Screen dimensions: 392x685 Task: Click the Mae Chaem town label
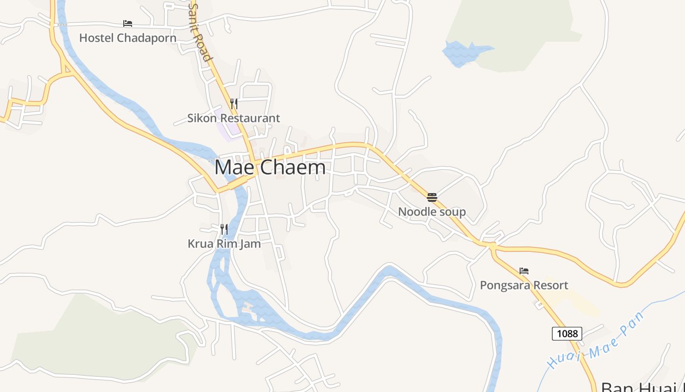pos(270,167)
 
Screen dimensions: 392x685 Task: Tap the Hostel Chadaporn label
pos(128,38)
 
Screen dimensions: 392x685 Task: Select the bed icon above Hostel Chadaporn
pos(128,23)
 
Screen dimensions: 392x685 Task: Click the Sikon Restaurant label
pos(233,118)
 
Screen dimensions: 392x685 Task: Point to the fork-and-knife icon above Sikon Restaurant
pos(234,103)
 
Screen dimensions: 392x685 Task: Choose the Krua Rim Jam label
pos(224,244)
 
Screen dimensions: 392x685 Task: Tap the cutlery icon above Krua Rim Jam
pos(224,229)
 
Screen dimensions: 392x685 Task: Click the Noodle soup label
pos(432,212)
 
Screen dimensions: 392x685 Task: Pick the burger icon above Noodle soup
pos(432,197)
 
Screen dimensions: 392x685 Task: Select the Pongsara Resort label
pos(524,285)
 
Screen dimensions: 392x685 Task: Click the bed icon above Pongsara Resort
pos(524,270)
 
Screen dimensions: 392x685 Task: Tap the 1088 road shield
pos(568,334)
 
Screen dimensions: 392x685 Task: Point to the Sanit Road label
pos(201,32)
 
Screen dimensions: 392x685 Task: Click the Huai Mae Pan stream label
pos(595,341)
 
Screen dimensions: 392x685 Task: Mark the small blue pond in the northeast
pos(462,52)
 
